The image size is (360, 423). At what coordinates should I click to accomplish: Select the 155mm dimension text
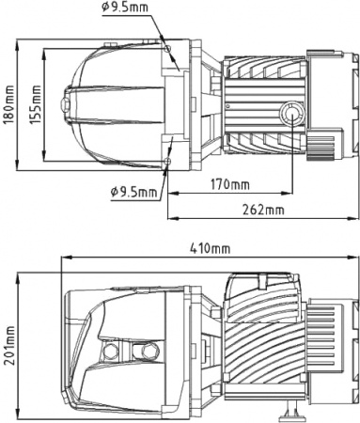coord(37,102)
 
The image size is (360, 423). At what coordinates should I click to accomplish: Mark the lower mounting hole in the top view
coord(166,162)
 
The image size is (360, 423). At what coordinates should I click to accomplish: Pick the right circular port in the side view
coord(144,352)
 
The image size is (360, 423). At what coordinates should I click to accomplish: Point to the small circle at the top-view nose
coord(67,103)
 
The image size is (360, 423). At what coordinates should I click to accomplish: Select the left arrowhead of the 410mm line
coord(65,257)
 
